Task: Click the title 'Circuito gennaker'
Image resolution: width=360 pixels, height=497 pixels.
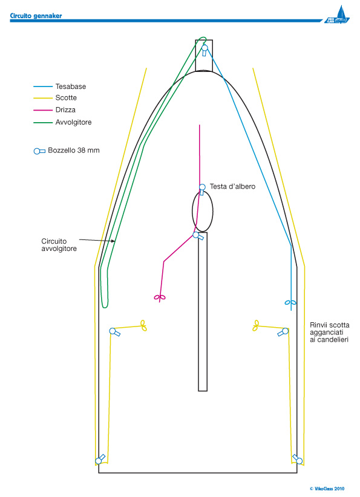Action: coord(36,16)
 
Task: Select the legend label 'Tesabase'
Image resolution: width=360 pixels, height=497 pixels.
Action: coord(70,86)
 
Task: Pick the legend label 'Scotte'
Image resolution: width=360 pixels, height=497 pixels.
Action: coord(66,97)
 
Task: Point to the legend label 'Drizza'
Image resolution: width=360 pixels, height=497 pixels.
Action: coord(65,109)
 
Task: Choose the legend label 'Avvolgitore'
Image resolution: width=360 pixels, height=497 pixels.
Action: coord(73,122)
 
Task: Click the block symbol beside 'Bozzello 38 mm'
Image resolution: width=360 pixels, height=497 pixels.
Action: coord(39,151)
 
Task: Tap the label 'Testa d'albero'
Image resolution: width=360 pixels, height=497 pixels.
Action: coord(232,186)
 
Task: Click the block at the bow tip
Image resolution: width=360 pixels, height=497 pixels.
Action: coord(205,50)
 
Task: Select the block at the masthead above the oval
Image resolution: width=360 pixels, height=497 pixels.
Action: coord(202,189)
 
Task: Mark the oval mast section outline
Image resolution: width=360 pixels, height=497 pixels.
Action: coord(192,211)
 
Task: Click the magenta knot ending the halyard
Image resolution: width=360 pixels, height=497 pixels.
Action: coord(160,297)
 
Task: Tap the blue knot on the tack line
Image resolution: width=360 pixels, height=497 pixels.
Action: coord(290,303)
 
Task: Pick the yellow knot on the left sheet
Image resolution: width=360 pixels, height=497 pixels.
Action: coord(143,325)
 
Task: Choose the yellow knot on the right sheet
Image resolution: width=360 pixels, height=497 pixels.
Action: coord(256,325)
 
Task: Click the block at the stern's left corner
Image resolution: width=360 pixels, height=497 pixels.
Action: coord(100,460)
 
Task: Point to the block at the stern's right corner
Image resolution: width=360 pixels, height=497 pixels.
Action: coord(298,460)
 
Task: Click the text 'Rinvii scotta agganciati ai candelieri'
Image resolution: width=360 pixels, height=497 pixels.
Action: coord(330,332)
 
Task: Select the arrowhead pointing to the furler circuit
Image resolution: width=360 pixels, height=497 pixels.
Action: coord(113,241)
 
